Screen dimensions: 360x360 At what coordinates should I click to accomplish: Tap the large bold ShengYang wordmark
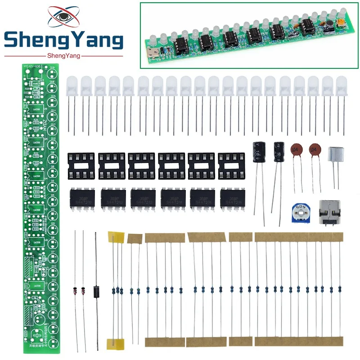pos(63,41)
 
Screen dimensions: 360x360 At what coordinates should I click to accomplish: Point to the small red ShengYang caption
pos(63,56)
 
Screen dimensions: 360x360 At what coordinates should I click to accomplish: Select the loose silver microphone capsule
pos(337,156)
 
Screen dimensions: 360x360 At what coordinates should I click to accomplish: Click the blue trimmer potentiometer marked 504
pos(297,210)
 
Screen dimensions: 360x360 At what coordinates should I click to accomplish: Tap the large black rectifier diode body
pos(95,291)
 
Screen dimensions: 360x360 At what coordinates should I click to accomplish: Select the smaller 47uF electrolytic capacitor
pos(279,153)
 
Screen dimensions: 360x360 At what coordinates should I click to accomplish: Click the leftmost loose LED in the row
pos(72,85)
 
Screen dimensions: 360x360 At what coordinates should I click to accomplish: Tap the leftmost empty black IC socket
pos(81,166)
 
